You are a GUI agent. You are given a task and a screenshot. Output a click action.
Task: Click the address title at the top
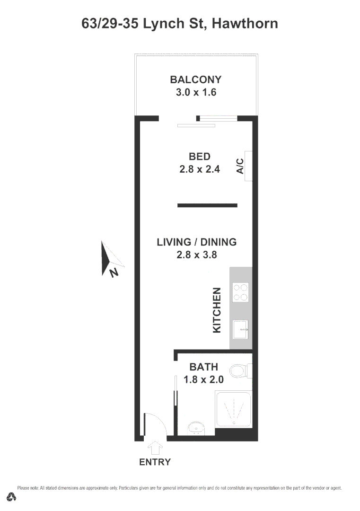point(180,24)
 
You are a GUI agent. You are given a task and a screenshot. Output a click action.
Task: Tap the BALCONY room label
point(196,79)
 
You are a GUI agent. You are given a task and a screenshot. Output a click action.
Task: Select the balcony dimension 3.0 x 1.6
point(196,92)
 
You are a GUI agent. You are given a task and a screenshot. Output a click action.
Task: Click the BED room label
point(199,157)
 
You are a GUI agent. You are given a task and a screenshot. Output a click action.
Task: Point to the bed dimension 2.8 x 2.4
point(199,169)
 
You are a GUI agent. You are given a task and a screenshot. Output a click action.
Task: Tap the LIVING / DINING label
point(196,242)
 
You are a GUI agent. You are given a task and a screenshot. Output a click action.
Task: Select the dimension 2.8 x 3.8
point(196,255)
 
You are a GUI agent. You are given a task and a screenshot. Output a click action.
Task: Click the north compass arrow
point(110,258)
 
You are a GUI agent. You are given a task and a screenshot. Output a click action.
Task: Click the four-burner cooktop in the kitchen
point(240,292)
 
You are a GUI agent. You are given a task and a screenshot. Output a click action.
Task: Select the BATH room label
point(203,367)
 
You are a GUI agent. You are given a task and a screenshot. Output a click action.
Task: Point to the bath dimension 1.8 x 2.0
point(203,379)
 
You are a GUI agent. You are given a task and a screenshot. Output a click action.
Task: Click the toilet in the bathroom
point(241,370)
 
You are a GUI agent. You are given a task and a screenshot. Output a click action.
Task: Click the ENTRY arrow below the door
point(155,447)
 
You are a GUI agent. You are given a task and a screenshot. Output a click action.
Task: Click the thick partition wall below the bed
point(207,205)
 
